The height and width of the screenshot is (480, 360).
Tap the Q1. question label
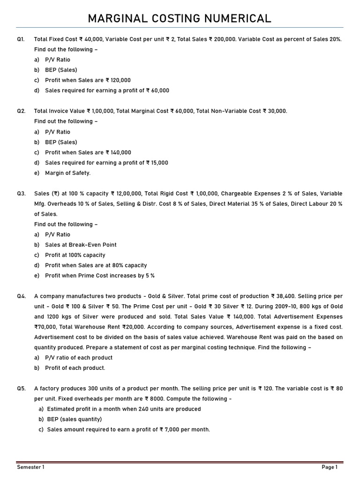click(x=21, y=39)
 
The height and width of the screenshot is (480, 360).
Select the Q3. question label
click(x=21, y=194)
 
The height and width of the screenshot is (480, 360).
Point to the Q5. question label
click(x=21, y=389)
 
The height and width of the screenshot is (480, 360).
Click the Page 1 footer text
click(x=330, y=467)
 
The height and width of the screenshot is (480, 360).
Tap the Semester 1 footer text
click(x=31, y=467)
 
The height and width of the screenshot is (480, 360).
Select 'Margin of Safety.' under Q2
click(x=67, y=173)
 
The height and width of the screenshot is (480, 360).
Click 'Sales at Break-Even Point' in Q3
click(x=81, y=245)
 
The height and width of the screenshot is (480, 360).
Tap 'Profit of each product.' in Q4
click(x=75, y=368)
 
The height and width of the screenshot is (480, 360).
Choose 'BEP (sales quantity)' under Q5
click(x=74, y=419)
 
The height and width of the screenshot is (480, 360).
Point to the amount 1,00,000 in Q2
click(x=103, y=111)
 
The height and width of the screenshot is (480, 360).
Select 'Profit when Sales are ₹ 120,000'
click(x=88, y=80)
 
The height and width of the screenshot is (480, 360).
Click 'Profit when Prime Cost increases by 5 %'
click(x=99, y=276)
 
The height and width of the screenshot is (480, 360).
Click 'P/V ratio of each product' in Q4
click(x=79, y=358)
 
